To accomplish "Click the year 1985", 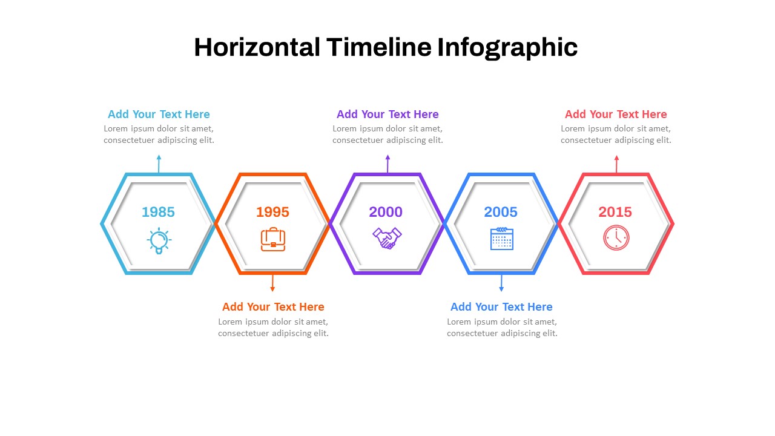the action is coord(158,212).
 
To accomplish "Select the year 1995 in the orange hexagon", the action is coord(272,212).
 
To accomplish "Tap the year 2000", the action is coord(386,212).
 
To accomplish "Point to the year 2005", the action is coord(501,212).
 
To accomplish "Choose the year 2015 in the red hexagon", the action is coord(615,212).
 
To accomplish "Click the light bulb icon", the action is coord(159,241).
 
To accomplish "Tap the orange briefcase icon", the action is coord(273,239).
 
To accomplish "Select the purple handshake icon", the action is coord(387,238).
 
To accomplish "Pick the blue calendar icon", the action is coord(502,239).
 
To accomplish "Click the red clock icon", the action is coord(616,238).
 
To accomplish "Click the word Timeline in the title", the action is coord(379,47).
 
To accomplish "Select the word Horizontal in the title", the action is coord(257,47).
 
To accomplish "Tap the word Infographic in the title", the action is coord(507,48).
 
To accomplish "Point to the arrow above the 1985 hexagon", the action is coord(159,163).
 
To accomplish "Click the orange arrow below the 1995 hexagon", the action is coord(272,283).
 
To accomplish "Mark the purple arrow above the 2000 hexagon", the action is coord(387,163).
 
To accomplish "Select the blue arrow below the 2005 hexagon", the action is coord(501,283).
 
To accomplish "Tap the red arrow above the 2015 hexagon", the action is coord(616,164).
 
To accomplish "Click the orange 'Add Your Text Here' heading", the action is coord(273,306).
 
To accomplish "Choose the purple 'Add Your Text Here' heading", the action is coord(387,114).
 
